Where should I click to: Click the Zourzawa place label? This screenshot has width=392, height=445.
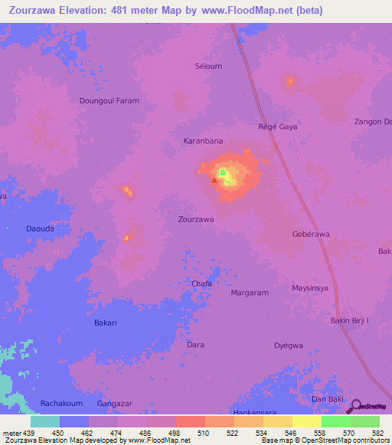click(x=195, y=219)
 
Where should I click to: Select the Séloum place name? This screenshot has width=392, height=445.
click(x=208, y=67)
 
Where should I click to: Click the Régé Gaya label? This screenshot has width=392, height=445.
click(x=277, y=126)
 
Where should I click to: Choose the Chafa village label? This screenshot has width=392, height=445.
click(x=201, y=283)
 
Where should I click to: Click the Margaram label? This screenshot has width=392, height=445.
click(x=250, y=292)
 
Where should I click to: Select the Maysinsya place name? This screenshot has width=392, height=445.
click(x=310, y=288)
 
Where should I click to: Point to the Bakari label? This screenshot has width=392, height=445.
click(x=105, y=323)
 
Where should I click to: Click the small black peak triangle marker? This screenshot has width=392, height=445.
click(x=214, y=181)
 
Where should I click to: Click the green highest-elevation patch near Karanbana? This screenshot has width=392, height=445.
click(x=224, y=175)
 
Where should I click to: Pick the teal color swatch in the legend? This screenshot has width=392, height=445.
click(x=44, y=421)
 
